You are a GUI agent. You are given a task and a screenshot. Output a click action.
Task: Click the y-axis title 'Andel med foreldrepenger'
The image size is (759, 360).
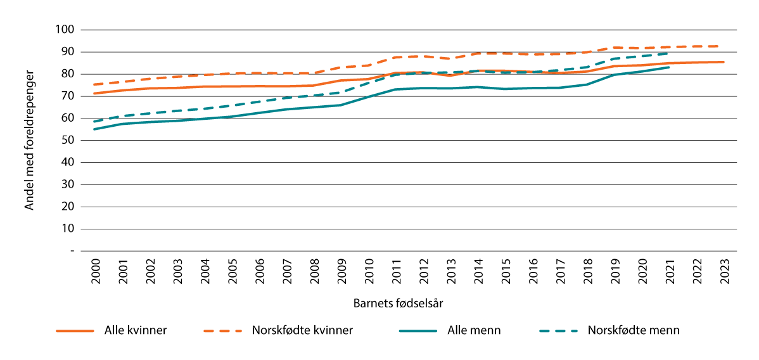tap(29, 140)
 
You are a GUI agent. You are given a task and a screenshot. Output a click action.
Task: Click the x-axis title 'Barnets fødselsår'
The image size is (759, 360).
tap(398, 303)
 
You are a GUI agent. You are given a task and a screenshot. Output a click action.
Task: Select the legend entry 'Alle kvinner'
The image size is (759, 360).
tap(136, 330)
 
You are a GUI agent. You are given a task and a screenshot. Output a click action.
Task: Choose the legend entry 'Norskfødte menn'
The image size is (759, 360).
tap(634, 330)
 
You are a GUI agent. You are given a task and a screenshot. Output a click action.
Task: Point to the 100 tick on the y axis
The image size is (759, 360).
tap(66, 30)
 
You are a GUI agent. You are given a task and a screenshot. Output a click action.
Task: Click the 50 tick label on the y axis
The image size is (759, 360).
tap(68, 141)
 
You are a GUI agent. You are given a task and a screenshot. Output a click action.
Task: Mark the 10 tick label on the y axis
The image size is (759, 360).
tap(68, 229)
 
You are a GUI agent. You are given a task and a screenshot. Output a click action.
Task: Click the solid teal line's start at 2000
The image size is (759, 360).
tap(94, 129)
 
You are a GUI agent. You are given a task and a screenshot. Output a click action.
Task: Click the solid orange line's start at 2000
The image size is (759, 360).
tap(94, 93)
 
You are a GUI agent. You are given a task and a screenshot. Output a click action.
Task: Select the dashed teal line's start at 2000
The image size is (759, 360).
tap(94, 121)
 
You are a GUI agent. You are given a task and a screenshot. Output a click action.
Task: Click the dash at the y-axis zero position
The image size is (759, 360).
tap(72, 251)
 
